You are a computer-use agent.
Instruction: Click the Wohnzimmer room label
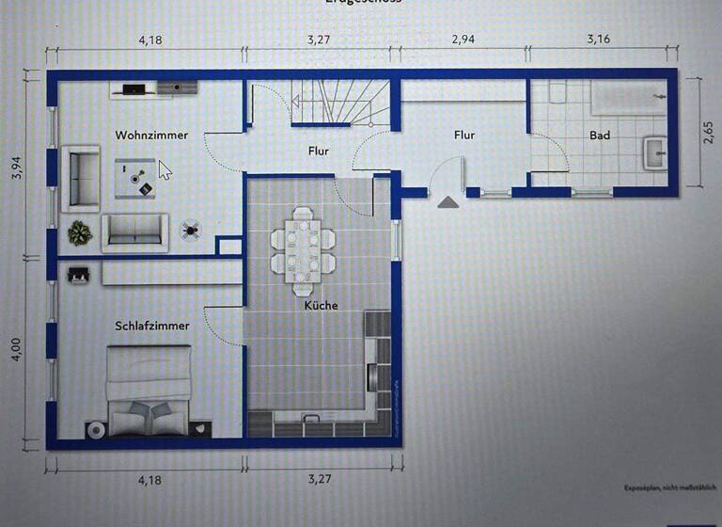[x=151, y=136]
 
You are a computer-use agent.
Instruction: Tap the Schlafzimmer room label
[x=151, y=326]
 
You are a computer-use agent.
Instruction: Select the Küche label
[x=321, y=305]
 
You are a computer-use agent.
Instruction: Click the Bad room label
[x=600, y=136]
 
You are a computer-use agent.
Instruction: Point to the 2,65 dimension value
[x=708, y=135]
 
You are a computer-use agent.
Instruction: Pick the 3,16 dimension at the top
[x=600, y=40]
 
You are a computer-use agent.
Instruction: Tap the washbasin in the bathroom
[x=654, y=151]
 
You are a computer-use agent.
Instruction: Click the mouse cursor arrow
[x=165, y=170]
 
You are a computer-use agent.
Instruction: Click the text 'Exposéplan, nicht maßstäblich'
[x=669, y=487]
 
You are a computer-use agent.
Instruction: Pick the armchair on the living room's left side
[x=80, y=177]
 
